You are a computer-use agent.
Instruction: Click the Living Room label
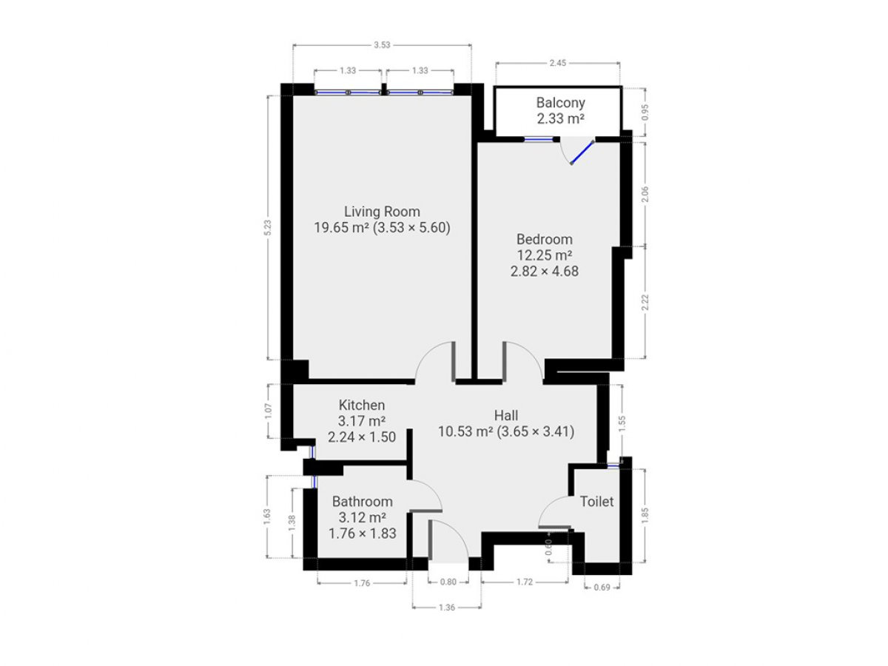382,212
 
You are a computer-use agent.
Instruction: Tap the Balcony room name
560,103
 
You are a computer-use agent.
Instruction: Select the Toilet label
596,502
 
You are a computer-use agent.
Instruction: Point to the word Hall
505,415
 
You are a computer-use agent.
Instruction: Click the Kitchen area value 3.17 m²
362,421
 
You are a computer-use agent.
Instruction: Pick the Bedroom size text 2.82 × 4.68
544,271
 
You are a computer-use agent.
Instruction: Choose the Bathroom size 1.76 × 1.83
362,534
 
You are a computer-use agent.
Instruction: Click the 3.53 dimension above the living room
382,45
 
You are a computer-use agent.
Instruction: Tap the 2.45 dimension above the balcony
558,63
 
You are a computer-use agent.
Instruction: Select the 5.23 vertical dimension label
268,227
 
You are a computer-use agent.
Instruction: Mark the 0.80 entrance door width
448,582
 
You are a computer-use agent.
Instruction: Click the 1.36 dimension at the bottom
447,608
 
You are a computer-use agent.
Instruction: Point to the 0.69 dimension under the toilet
602,587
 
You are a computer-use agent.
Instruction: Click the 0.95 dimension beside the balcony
645,112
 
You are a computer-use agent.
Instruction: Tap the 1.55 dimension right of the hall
622,423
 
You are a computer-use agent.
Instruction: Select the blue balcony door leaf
582,152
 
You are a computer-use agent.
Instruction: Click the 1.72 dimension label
525,582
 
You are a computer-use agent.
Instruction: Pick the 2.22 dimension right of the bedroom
645,302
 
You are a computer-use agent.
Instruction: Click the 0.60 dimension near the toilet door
548,547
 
